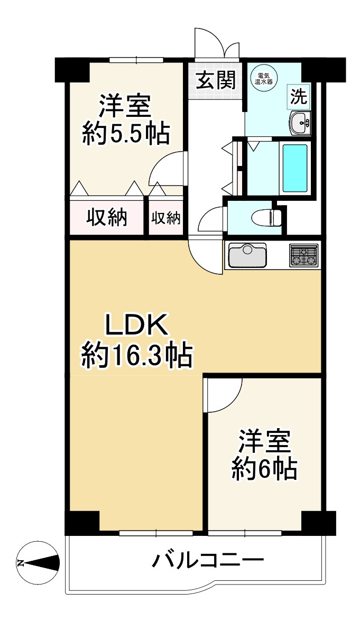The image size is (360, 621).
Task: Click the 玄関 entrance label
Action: pyautogui.click(x=216, y=80)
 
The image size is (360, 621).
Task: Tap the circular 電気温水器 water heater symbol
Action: pyautogui.click(x=263, y=78)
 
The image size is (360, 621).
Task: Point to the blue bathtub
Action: pyautogui.click(x=295, y=168)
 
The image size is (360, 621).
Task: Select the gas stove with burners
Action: pyautogui.click(x=304, y=255)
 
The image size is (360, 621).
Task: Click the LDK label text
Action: pyautogui.click(x=136, y=326)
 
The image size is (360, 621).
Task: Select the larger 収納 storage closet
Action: pyautogui.click(x=107, y=217)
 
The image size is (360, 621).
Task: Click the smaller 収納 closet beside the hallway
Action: pyautogui.click(x=166, y=217)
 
